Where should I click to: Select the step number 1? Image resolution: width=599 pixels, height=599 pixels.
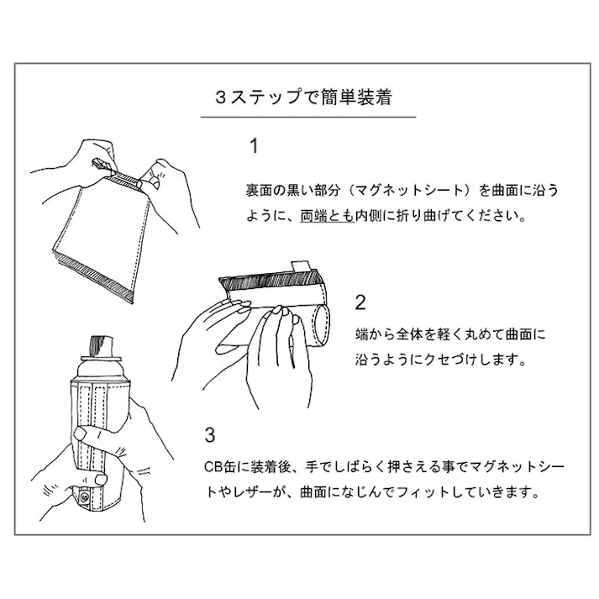(x=254, y=146)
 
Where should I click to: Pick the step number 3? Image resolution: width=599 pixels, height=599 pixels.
(x=211, y=434)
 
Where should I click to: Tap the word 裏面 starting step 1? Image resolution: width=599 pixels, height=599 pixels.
(x=250, y=190)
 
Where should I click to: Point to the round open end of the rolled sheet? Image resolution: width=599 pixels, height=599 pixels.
(x=321, y=323)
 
